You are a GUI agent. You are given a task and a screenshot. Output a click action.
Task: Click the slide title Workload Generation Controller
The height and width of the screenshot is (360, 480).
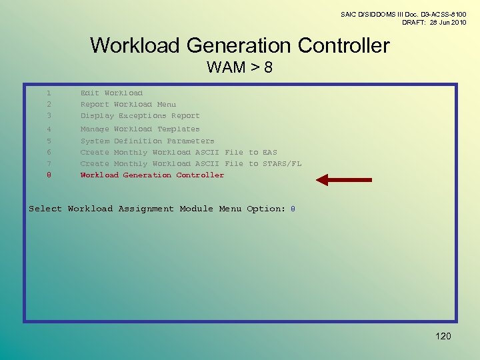click(239, 45)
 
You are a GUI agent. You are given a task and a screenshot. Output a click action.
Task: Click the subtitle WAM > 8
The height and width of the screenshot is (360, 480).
click(239, 67)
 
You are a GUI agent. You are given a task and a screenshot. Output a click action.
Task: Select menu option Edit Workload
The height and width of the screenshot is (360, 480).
click(111, 93)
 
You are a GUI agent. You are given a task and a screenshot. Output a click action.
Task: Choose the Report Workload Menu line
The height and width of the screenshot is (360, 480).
click(128, 105)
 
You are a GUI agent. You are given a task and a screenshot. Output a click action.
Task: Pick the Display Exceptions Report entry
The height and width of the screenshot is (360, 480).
click(140, 116)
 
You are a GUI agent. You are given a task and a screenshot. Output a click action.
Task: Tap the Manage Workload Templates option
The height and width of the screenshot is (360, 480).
click(140, 129)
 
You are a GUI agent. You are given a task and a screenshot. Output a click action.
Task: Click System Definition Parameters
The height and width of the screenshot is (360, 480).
click(147, 141)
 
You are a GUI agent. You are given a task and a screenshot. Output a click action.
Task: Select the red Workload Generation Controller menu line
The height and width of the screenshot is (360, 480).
click(152, 175)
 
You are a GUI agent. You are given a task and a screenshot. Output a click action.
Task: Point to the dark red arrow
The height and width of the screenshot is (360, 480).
click(343, 179)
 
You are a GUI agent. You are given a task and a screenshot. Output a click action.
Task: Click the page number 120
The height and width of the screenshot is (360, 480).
click(443, 336)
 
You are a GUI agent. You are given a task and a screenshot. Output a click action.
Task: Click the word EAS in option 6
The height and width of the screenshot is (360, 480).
click(270, 153)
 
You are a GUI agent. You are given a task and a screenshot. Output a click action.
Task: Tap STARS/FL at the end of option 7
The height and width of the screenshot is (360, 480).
click(282, 164)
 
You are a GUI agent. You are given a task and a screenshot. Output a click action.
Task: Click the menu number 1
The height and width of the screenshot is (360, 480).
click(49, 93)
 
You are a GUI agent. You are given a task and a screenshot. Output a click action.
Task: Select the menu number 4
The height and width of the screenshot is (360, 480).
click(49, 129)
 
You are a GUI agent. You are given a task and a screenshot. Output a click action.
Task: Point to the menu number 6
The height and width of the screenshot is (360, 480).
click(49, 153)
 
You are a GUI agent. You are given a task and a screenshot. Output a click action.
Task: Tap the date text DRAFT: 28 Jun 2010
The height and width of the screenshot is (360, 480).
click(433, 23)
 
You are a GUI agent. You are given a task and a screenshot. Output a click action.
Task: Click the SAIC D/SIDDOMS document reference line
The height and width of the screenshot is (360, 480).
click(403, 14)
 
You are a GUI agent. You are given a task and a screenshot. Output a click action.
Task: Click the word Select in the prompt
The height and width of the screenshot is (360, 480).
click(45, 209)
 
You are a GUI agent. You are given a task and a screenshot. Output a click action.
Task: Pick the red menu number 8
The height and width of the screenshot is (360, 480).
click(49, 175)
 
